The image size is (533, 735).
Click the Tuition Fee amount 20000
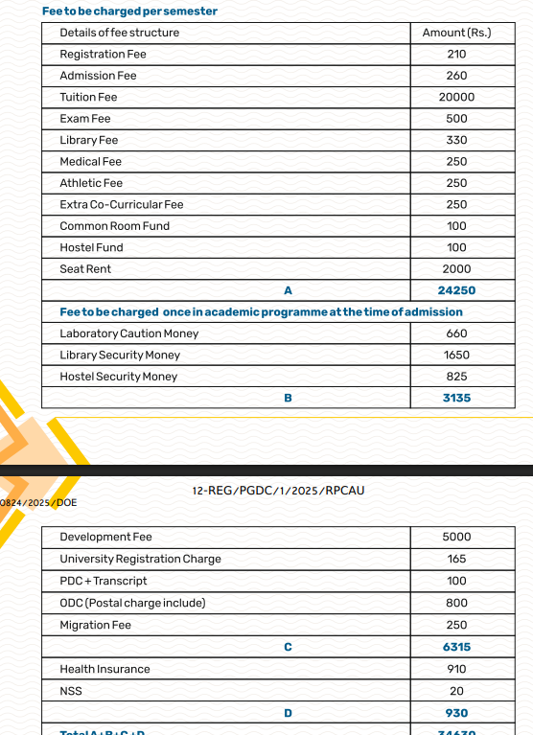[x=456, y=97]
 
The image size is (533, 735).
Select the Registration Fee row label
[x=103, y=54]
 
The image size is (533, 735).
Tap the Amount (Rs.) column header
[x=456, y=33]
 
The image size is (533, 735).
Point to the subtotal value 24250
[x=456, y=290]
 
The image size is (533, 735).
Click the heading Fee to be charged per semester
[x=129, y=11]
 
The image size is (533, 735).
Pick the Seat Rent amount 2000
[x=456, y=269]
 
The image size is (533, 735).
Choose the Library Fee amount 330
[x=456, y=140]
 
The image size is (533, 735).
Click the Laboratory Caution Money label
[x=129, y=333]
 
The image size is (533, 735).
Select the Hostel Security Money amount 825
[x=456, y=377]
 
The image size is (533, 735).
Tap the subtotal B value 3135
[x=456, y=398]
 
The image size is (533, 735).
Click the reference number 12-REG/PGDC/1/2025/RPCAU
[x=278, y=491]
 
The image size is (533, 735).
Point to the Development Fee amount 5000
[x=456, y=537]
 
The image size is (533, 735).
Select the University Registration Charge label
[x=140, y=559]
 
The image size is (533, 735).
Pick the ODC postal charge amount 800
[x=456, y=603]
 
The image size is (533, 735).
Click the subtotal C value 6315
[x=456, y=647]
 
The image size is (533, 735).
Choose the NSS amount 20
[x=456, y=691]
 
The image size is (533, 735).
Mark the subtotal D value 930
[x=456, y=713]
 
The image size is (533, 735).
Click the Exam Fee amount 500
[x=456, y=119]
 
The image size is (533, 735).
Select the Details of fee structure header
[x=119, y=33]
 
